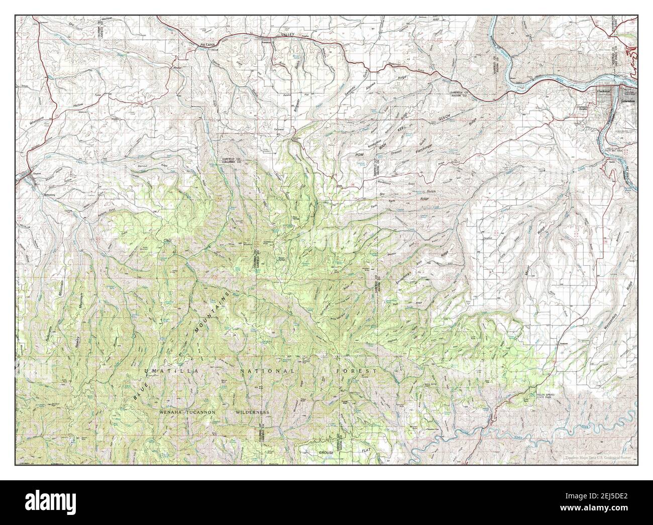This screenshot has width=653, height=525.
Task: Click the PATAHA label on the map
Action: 207,45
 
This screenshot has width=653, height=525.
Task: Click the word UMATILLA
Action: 165,371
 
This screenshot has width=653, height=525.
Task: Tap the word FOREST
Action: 357,371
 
